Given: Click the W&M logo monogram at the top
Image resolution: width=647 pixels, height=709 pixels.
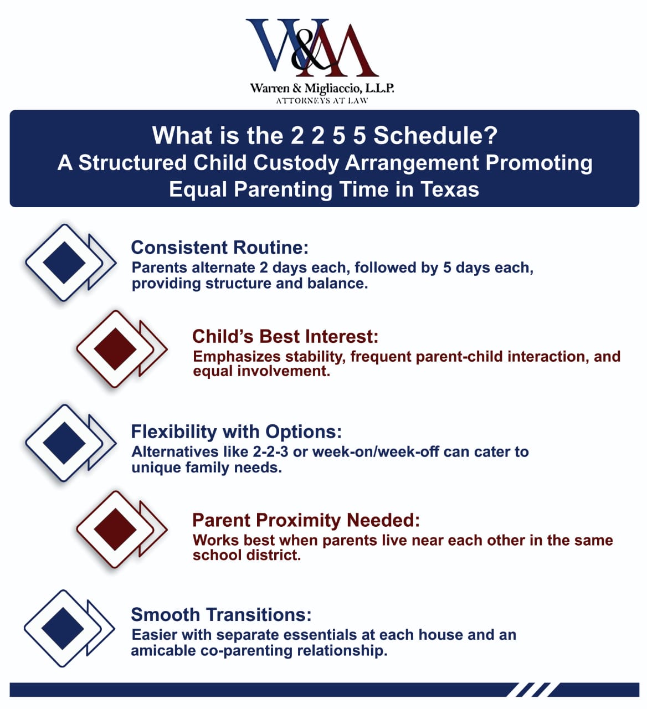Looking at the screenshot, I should [x=312, y=49].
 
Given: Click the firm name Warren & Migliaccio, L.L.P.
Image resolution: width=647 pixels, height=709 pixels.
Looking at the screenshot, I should [x=322, y=88].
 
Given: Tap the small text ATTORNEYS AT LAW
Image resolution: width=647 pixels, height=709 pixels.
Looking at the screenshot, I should [x=322, y=101].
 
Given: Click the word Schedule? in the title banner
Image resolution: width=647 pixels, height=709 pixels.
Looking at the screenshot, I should [x=435, y=136].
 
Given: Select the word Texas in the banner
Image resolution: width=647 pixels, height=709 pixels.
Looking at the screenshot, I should [x=449, y=189].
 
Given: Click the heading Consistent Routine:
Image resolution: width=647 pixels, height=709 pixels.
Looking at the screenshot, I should [x=219, y=247].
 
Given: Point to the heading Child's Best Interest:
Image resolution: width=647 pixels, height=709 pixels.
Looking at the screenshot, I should [x=285, y=336].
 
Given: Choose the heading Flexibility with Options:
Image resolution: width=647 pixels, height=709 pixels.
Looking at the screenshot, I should [x=236, y=431].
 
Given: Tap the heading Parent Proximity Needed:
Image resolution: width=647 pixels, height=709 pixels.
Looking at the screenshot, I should [x=306, y=520].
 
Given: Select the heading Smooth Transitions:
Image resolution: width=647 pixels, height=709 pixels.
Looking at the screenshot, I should [x=221, y=614].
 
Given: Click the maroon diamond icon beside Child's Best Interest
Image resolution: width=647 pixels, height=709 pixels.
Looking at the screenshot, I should [x=115, y=349].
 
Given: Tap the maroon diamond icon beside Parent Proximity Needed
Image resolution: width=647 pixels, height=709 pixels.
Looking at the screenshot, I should [x=115, y=529].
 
